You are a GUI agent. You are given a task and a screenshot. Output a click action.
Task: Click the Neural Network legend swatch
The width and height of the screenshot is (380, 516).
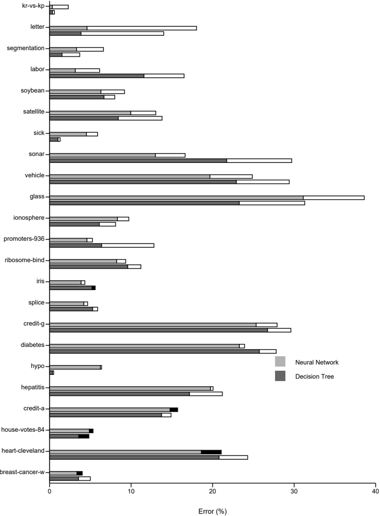[280, 361]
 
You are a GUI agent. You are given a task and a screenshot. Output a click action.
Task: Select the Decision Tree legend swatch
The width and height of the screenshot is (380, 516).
[280, 376]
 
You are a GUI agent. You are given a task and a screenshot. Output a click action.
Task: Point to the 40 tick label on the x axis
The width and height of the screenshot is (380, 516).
[375, 491]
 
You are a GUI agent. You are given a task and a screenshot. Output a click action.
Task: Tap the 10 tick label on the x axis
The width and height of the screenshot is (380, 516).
[131, 491]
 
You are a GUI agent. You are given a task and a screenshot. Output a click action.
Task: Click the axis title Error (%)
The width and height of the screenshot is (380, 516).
[212, 511]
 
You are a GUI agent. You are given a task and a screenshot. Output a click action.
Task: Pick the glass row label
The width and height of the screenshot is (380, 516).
[37, 196]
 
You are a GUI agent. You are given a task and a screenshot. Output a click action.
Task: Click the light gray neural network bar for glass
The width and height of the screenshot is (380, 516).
[176, 198]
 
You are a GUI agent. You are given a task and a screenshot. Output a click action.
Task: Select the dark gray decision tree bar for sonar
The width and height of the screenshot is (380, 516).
[138, 161]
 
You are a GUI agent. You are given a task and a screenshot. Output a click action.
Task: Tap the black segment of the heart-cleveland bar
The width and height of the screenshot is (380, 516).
[211, 452]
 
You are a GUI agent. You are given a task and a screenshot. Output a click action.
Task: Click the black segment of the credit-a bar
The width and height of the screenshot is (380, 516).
[174, 409]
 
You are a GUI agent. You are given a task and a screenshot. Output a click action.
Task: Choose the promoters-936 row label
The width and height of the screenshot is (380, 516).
[24, 239]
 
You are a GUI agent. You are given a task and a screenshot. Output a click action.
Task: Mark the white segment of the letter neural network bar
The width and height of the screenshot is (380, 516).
[142, 28]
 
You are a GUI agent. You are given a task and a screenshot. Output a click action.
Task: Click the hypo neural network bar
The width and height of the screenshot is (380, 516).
[75, 367]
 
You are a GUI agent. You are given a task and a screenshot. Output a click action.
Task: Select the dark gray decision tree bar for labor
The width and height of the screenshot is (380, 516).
[97, 75]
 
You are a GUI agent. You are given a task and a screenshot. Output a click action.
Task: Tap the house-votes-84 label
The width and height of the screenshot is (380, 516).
[23, 430]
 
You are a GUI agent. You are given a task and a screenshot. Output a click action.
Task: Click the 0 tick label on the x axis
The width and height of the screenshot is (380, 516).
[49, 491]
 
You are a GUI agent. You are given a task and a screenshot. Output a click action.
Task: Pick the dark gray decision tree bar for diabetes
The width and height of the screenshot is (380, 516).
[154, 352]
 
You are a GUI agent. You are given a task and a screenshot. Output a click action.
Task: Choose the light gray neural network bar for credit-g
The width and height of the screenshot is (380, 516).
[153, 325]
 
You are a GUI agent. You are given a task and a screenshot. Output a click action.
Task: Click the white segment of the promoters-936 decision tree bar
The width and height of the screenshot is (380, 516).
[128, 246]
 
